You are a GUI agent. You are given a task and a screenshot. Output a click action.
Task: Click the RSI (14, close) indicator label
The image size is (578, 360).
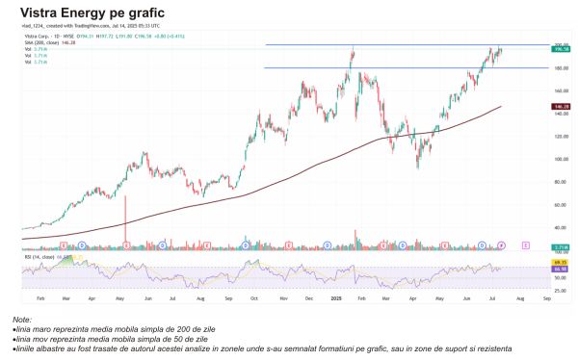point(38,257)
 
